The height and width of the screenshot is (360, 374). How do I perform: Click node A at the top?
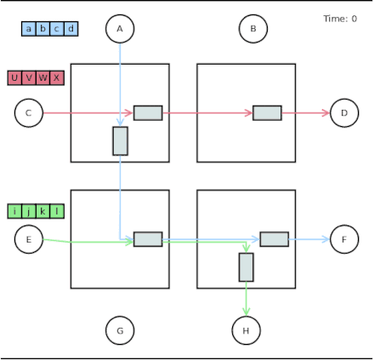point(120,29)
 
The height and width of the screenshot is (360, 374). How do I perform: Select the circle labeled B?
point(253,29)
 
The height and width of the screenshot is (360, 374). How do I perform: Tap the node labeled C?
point(29,112)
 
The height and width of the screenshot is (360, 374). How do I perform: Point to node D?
point(344,112)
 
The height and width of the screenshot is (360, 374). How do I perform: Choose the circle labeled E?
point(29,240)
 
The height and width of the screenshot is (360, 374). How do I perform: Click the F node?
point(344,240)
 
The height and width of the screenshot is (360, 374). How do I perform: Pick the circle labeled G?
point(120,329)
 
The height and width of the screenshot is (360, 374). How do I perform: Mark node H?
point(246,329)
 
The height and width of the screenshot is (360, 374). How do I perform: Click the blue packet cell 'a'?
point(29,29)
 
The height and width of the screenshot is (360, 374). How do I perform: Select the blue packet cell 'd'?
point(71,29)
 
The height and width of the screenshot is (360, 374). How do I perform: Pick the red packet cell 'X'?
point(57,77)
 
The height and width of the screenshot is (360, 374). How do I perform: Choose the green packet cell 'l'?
point(57,211)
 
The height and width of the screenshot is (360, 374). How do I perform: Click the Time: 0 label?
point(340,19)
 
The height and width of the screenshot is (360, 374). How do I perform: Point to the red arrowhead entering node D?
point(326,112)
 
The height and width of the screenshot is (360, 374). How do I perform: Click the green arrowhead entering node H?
point(246,311)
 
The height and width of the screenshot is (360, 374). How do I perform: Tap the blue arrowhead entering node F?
point(326,240)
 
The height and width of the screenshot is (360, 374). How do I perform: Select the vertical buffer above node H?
point(246,267)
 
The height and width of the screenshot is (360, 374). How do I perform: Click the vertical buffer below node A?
point(120,140)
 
